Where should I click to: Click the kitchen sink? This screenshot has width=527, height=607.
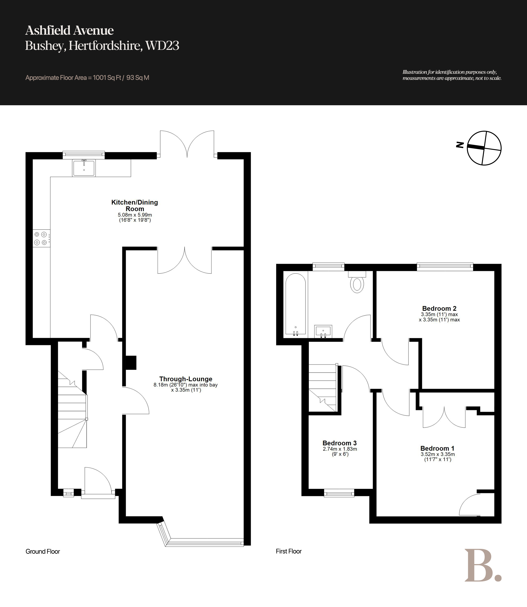point(84,168)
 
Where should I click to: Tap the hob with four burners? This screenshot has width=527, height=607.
point(41,238)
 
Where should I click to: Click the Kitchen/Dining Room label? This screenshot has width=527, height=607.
point(135,206)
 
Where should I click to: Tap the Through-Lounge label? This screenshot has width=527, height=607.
point(186,379)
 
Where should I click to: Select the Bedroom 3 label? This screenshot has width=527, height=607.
point(340,443)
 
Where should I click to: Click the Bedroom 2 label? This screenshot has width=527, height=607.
point(439,308)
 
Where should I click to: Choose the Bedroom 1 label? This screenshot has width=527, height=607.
point(437,448)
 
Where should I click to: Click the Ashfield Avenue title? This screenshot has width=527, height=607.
point(69,30)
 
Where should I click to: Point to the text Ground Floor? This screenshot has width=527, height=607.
point(43,551)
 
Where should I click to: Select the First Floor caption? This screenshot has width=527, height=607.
point(289,551)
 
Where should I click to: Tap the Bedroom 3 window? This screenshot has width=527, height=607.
point(339,493)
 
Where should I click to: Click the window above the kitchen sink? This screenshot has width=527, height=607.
point(84,155)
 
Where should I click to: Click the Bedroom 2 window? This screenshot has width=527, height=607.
point(445,267)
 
